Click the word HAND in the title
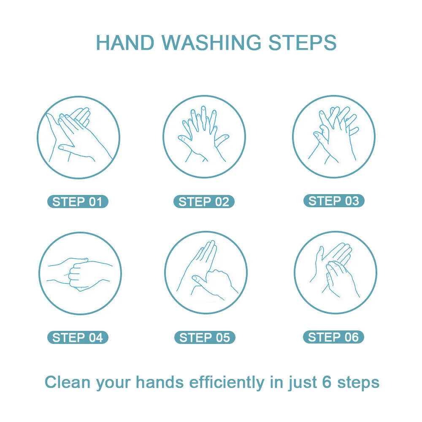point(125,43)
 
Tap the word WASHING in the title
point(211,43)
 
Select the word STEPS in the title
point(303,43)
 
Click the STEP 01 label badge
point(78,202)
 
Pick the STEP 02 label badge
point(204,202)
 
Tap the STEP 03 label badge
point(334,201)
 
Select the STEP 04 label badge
point(78,338)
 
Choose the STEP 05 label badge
point(205,338)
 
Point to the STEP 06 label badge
point(333,337)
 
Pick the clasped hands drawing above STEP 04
point(80,275)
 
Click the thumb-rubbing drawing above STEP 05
point(207,271)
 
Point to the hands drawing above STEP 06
point(335,270)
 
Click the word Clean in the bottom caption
point(67,382)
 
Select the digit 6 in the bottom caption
point(327,382)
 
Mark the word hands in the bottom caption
point(160,382)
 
